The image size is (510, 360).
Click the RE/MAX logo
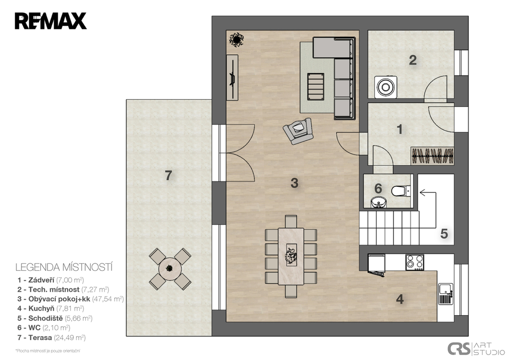coord(50,21)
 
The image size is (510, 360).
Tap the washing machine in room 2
coord(386,87)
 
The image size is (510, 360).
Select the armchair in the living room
coord(298,131)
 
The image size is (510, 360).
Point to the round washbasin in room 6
coord(379,202)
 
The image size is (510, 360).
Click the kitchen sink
coord(446,294)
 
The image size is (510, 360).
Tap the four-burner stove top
coord(415,262)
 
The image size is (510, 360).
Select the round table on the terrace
coord(170,268)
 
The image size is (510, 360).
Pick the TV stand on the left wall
coord(232,77)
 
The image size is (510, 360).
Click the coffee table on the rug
coord(315,87)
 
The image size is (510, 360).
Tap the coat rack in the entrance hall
coord(432,156)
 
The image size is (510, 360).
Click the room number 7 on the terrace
coord(168,176)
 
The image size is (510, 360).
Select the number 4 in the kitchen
coord(400,299)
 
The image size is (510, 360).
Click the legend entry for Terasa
coord(51,338)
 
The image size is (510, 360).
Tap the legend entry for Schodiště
coord(55,318)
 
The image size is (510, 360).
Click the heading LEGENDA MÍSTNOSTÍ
coord(64,267)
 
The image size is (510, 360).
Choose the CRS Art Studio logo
coord(476,349)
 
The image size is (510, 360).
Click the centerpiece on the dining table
coord(291,254)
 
